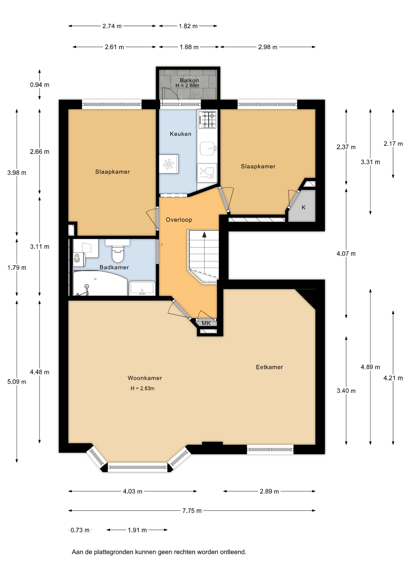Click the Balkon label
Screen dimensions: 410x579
point(189,80)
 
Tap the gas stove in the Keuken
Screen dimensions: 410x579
point(207,119)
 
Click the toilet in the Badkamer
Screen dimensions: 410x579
point(118,251)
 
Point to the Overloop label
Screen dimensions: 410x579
point(179,220)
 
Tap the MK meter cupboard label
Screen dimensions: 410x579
point(206,323)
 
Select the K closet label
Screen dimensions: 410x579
point(303,207)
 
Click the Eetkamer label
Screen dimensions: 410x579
point(269,367)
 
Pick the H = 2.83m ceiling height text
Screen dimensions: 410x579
point(143,388)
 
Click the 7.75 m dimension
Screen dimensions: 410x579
point(192,511)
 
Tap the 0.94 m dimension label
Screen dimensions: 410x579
point(40,85)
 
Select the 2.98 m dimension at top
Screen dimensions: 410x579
point(268,47)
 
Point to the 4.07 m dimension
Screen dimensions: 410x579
point(346,254)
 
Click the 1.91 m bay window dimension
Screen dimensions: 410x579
point(137,530)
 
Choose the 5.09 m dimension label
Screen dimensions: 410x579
point(17,382)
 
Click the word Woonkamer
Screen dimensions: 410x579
point(145,378)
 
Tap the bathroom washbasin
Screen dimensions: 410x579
point(142,288)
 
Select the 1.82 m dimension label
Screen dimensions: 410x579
point(188,26)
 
